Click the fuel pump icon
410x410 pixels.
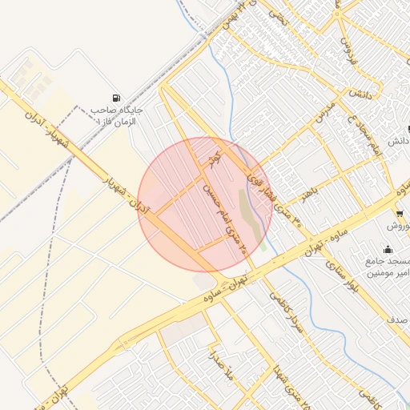(119, 98)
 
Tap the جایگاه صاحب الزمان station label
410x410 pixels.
(117, 115)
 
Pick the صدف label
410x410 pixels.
(397, 320)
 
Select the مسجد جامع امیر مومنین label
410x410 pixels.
(388, 267)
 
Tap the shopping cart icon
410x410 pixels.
(399, 214)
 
